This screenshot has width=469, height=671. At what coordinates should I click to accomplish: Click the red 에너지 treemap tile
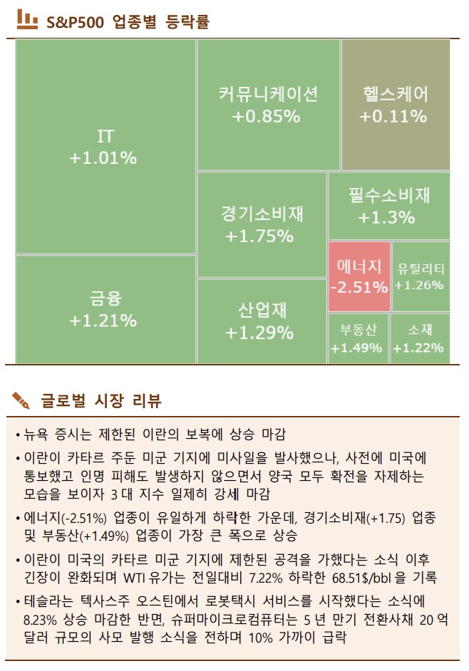(x=359, y=276)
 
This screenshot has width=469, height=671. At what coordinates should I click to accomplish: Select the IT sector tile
(x=105, y=146)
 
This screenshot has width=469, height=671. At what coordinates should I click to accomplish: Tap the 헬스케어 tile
(x=396, y=105)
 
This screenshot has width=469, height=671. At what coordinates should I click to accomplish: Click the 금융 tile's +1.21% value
(x=103, y=321)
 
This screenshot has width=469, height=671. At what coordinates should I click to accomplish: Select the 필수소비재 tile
(x=389, y=206)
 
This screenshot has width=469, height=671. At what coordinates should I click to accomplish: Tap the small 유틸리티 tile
(x=421, y=276)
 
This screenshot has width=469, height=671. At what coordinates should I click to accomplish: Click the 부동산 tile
(x=357, y=338)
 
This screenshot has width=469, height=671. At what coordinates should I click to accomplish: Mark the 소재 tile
(x=421, y=338)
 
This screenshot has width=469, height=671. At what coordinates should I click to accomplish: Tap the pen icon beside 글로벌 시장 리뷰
(x=22, y=400)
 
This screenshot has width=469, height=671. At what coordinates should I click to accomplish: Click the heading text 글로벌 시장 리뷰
(x=100, y=401)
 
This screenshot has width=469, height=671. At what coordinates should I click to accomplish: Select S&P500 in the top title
(x=75, y=22)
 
